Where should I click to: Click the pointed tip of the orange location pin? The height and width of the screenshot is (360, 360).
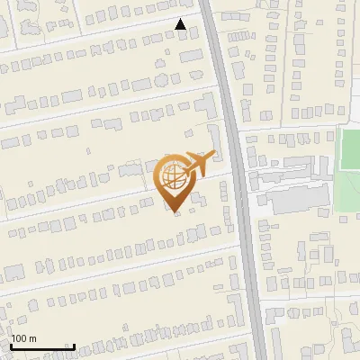coord(175,212)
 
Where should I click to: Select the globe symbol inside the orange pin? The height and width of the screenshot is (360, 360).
coord(175,176)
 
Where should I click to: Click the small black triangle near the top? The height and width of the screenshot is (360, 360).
coord(181,25)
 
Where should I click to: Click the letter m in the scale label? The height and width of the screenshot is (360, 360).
coord(33,338)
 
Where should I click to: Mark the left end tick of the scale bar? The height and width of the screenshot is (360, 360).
coord(11,346)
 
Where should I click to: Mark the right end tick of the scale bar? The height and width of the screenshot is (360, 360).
coord(74,346)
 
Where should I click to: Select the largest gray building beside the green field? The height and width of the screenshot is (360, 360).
coord(297,200)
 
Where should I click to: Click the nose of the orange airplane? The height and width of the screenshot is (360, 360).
coord(213,155)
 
